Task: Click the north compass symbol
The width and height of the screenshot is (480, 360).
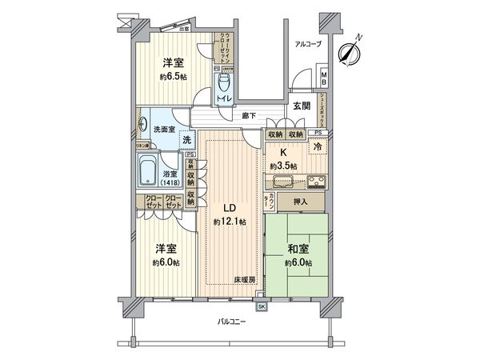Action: point(347,54)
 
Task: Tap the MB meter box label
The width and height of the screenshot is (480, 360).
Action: point(323,78)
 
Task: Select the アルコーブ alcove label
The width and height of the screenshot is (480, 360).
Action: point(306,44)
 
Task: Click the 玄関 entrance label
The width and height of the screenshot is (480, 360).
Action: point(301,106)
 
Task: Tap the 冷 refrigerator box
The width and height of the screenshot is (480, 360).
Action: point(317,147)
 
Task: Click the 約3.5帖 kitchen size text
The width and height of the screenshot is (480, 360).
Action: point(283,166)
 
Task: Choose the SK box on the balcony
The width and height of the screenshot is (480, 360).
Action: point(262,306)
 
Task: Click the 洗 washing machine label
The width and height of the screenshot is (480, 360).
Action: point(186,141)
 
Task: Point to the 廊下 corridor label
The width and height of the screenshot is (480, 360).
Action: point(249,117)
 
